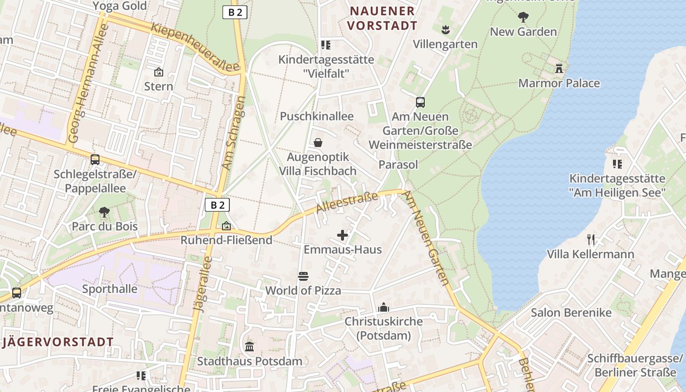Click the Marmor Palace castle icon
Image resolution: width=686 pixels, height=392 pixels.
(559, 69)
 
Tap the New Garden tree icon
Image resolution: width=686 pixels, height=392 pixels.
(523, 18)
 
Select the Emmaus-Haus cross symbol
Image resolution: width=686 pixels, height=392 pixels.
(343, 236)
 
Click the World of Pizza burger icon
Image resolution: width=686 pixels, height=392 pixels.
(303, 276)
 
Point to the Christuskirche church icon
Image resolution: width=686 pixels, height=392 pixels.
(384, 307)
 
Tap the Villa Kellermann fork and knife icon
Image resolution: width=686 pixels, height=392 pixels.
(591, 240)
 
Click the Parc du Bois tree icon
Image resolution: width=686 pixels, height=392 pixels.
(104, 212)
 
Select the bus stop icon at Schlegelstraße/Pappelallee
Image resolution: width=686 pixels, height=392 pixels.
(95, 160)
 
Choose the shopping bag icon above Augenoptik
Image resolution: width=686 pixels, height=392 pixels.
(318, 143)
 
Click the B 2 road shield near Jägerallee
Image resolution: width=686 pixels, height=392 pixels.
(217, 205)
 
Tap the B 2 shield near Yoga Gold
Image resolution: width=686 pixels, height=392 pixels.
(235, 12)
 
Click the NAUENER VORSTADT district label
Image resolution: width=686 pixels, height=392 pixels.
(383, 18)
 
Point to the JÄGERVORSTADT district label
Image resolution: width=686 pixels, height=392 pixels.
(58, 342)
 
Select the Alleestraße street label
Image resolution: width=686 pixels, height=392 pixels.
(347, 202)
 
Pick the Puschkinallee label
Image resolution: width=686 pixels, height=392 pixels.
(317, 117)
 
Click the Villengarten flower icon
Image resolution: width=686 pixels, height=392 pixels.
(445, 30)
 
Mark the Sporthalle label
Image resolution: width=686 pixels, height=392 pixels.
(110, 289)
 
